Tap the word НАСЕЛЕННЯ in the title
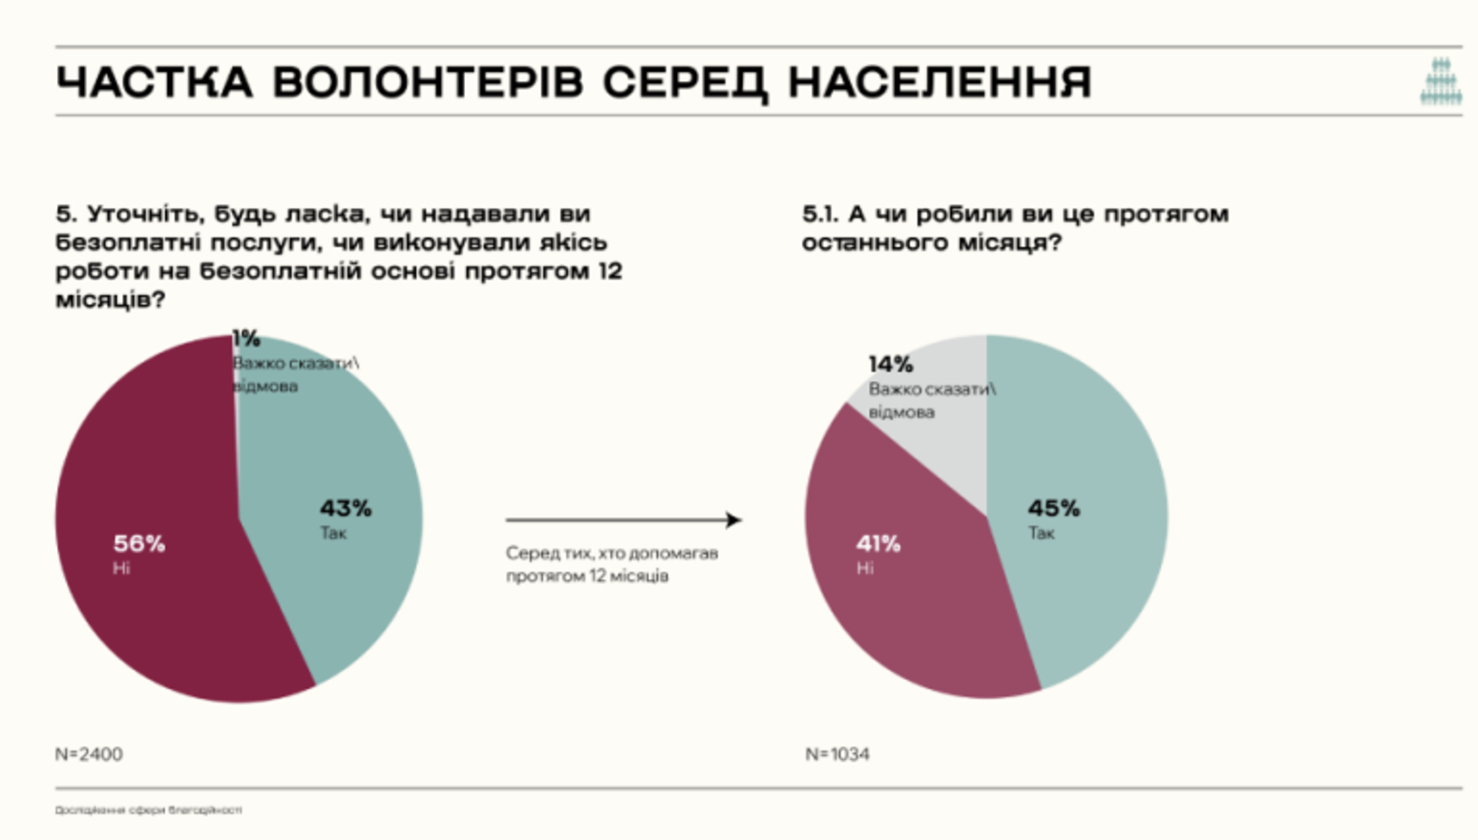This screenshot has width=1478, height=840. click(x=940, y=82)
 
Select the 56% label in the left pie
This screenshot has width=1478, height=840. click(x=139, y=544)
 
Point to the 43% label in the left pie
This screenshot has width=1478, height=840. click(x=346, y=509)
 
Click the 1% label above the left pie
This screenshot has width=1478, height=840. click(x=246, y=338)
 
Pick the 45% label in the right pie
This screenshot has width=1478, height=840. click(x=1053, y=509)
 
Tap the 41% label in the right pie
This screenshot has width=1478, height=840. click(x=878, y=544)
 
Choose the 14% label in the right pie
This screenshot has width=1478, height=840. click(x=891, y=364)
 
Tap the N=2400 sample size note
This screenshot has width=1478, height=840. click(x=89, y=754)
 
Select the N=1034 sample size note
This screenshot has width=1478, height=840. click(x=837, y=754)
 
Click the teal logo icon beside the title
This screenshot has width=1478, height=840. click(x=1441, y=81)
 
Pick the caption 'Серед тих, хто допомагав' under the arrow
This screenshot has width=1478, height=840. click(x=612, y=554)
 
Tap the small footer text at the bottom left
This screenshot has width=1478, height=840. click(x=148, y=810)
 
